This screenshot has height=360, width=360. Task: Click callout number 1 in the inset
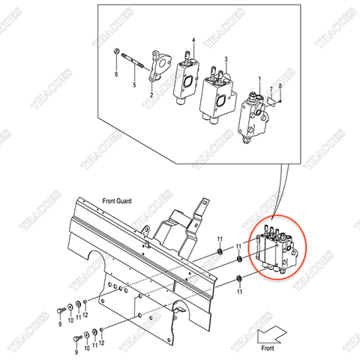(x=259, y=79)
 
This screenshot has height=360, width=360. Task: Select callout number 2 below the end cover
(x=151, y=96)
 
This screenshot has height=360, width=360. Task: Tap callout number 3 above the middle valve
(x=226, y=58)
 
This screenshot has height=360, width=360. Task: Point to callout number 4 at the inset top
(x=193, y=40)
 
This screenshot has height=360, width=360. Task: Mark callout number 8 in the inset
(x=280, y=86)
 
